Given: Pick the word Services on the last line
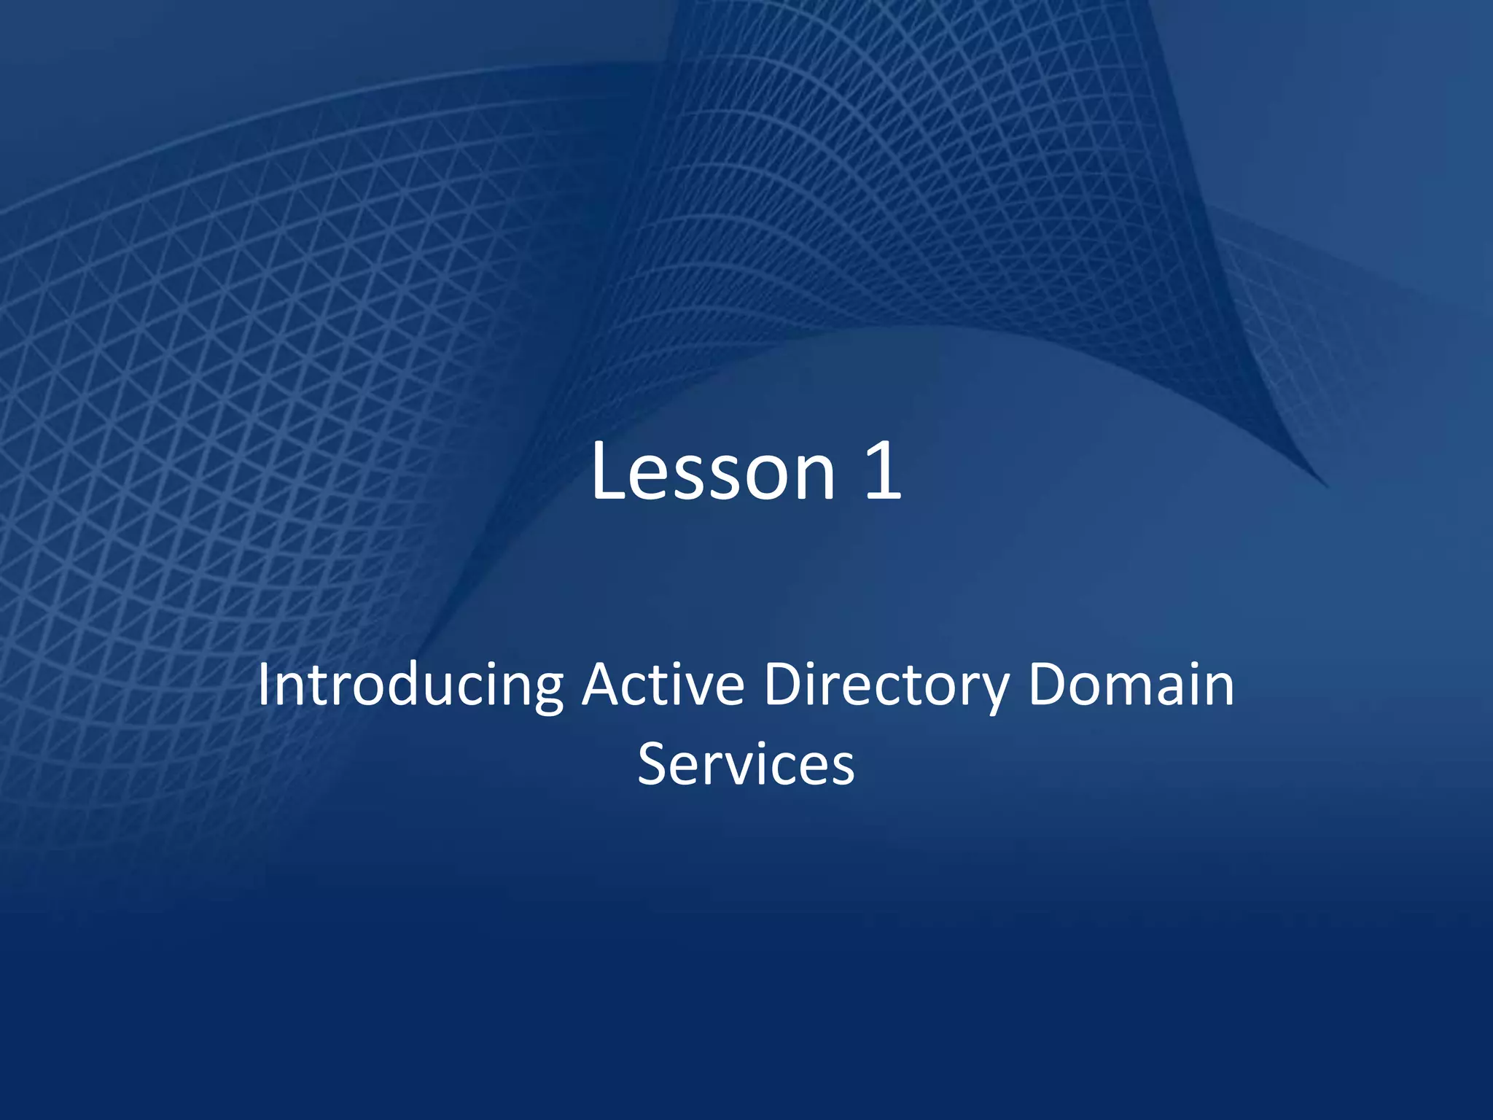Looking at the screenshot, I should tap(746, 764).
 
